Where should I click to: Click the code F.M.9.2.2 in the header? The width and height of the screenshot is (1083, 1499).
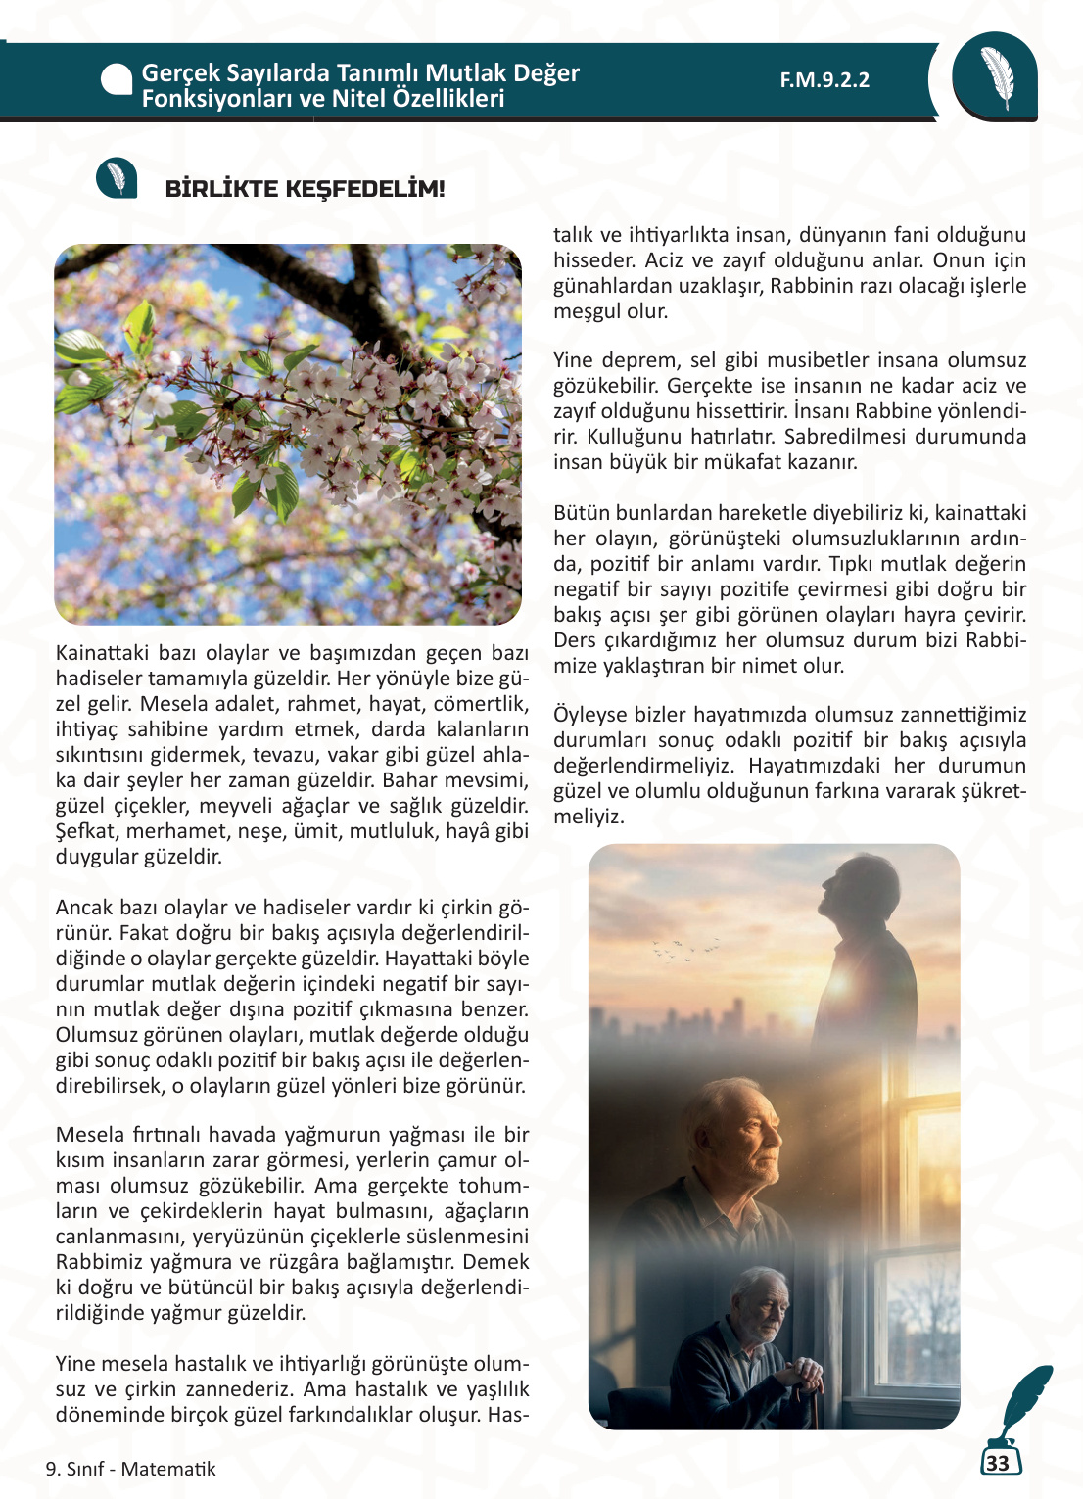pos(824,80)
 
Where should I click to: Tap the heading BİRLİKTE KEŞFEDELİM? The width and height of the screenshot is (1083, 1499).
pos(305,189)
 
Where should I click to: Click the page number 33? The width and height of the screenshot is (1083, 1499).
pos(998,1463)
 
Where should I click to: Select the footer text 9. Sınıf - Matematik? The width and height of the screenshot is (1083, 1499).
pos(130,1469)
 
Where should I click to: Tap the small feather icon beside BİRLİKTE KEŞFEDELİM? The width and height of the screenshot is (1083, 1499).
pos(117,178)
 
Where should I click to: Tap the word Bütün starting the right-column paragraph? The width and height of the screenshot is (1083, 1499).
pos(581,513)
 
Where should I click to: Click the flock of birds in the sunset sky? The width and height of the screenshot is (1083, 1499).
pos(685,948)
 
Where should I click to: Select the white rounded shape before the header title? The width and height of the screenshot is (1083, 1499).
pos(117,80)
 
